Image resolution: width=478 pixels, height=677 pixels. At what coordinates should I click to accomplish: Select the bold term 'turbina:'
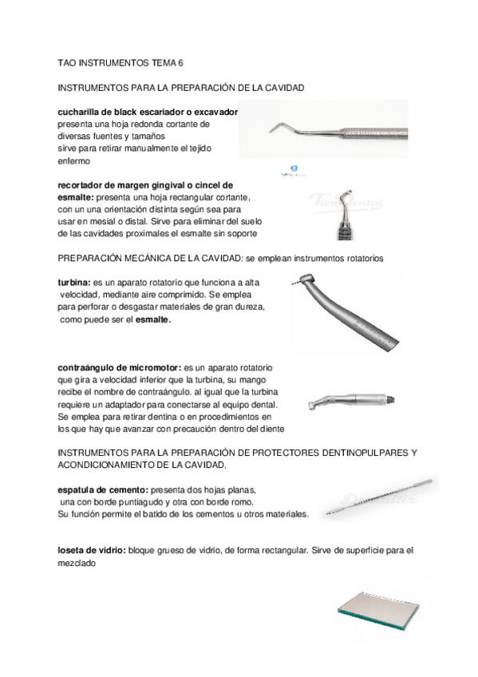click(75, 283)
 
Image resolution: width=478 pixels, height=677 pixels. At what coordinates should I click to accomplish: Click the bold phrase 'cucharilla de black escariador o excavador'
click(148, 113)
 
